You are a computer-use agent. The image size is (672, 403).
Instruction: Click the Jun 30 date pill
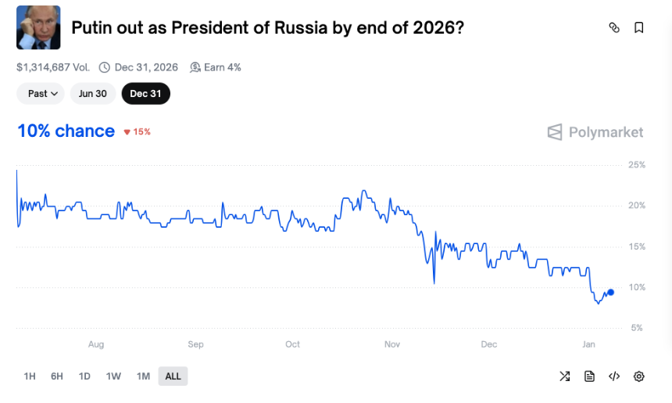[92, 94]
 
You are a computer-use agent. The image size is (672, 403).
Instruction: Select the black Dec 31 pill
[145, 94]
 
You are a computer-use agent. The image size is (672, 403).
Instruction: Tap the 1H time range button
[30, 376]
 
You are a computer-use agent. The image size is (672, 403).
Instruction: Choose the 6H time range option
[57, 376]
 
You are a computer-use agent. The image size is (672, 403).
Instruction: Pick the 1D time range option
[84, 376]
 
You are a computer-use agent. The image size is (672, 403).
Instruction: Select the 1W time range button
[113, 376]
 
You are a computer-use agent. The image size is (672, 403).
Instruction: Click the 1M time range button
[143, 376]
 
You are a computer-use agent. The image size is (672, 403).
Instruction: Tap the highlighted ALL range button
[173, 376]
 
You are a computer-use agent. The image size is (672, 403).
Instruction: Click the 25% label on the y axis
[636, 165]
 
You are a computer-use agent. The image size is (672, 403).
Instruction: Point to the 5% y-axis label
[636, 328]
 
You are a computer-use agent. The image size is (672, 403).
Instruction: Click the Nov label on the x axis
[391, 344]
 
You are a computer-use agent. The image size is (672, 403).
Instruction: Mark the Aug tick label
[96, 344]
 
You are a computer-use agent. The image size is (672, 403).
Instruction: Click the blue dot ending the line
[610, 292]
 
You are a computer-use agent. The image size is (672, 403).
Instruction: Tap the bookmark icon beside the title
[638, 28]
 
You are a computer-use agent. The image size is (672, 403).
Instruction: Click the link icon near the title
[614, 28]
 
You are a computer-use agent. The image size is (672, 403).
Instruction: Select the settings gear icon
[638, 376]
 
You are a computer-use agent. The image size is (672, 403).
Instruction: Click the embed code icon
[614, 376]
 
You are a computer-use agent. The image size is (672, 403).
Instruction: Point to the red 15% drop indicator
[138, 131]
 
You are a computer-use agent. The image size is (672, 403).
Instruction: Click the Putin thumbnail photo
[38, 27]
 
